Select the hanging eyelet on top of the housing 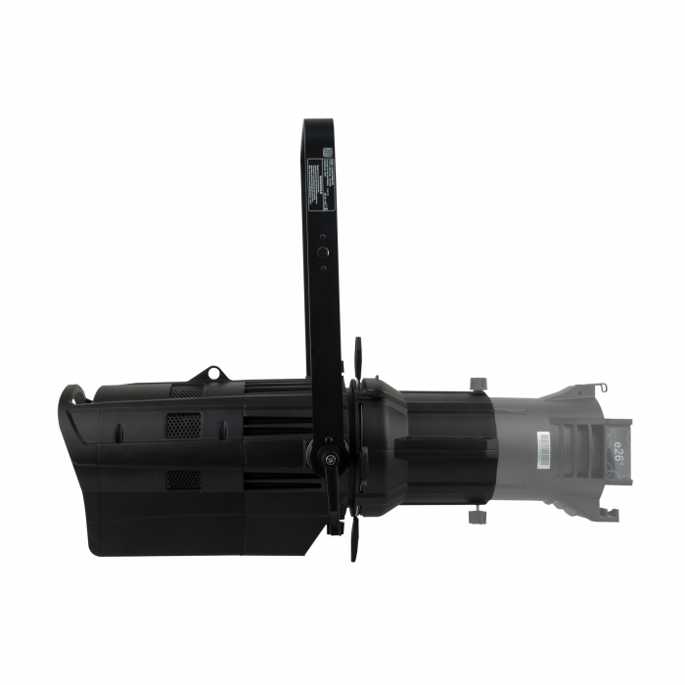(210, 376)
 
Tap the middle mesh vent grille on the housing (179, 427)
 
